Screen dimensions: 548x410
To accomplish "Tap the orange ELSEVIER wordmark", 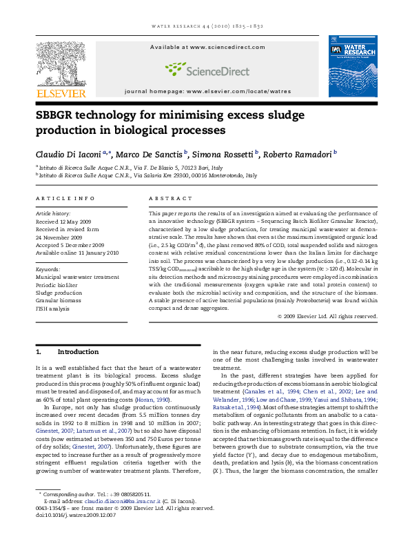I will click(61, 93).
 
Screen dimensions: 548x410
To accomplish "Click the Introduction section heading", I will click(78, 352).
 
